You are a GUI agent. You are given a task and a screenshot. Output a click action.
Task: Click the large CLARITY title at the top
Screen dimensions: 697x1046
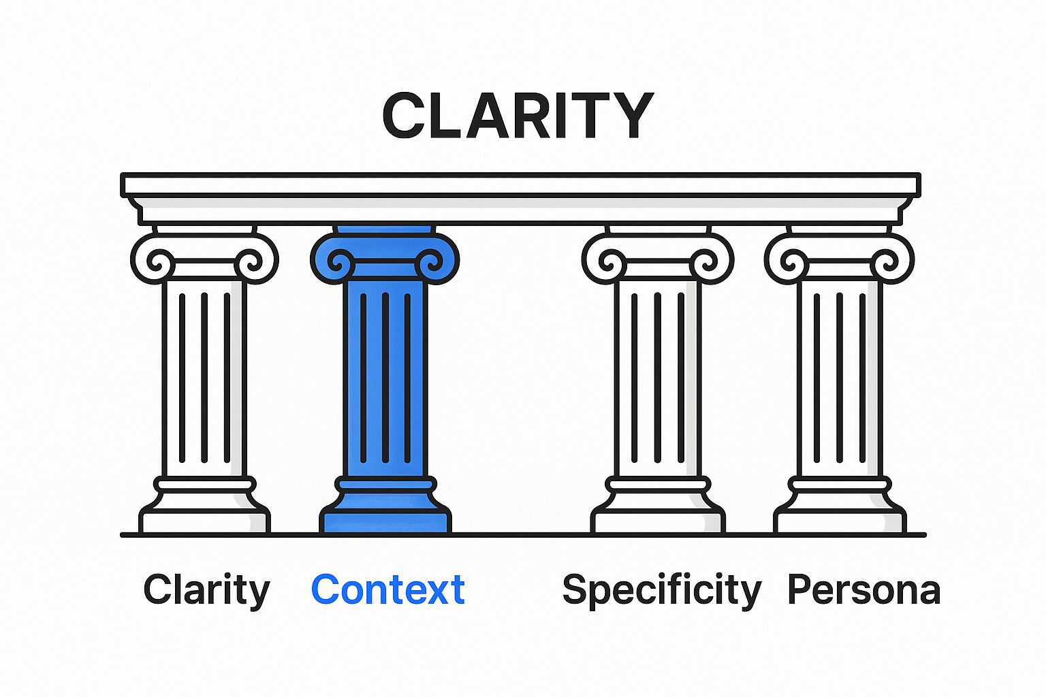coord(518,115)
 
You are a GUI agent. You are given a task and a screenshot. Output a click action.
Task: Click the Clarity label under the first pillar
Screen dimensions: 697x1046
coord(206,590)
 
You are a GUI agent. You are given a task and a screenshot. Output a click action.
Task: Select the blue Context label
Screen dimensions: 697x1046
coord(387,589)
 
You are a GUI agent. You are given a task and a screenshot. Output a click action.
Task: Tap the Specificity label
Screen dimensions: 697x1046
coord(661,590)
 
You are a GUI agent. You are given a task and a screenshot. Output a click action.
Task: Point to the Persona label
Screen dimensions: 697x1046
coord(863,590)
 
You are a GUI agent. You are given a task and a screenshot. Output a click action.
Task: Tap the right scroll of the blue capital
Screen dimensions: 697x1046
coord(430,261)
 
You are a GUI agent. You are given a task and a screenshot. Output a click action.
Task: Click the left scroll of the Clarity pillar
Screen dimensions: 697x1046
coord(159,261)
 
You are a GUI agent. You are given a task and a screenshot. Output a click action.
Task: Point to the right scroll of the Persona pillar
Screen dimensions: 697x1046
coord(885,261)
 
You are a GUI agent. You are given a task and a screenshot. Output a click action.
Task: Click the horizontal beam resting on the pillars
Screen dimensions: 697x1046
coord(521,197)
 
